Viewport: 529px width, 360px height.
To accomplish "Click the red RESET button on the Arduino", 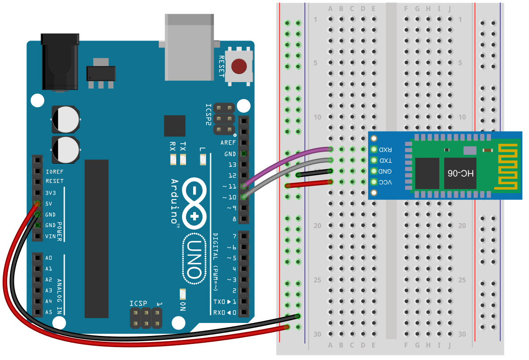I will tap(239, 66).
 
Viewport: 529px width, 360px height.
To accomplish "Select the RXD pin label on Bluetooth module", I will tap(385, 149).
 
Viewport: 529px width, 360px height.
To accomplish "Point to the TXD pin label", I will tap(385, 160).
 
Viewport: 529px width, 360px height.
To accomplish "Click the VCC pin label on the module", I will tap(385, 182).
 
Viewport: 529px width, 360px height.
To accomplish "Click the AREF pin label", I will tap(228, 143).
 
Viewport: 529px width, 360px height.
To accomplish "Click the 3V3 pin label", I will tap(51, 193).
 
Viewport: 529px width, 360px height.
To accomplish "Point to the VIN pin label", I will tap(50, 236).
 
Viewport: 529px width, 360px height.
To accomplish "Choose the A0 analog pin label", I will tap(49, 258).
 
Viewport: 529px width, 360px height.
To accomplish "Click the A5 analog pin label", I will tap(49, 312).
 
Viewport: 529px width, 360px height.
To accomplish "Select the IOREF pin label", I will tap(54, 171).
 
